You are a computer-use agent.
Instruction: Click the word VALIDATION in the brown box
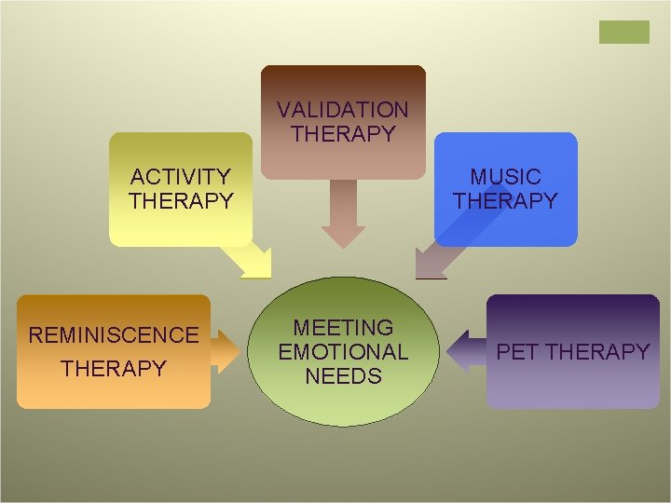342,110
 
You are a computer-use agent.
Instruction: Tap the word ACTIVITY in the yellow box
181,176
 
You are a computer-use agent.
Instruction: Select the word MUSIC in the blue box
505,176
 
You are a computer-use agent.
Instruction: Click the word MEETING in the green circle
343,328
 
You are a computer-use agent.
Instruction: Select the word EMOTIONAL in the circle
343,352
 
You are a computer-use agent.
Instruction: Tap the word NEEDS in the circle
343,376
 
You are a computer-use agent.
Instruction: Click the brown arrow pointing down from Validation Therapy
343,212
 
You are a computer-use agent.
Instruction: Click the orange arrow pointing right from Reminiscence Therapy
225,351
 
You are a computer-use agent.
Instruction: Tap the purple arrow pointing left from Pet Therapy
463,351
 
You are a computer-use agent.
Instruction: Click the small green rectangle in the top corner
623,32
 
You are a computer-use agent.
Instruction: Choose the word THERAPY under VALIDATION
342,134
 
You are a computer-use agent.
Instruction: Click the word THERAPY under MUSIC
505,200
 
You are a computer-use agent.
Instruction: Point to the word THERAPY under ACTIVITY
181,200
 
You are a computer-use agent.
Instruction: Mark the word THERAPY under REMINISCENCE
114,369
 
